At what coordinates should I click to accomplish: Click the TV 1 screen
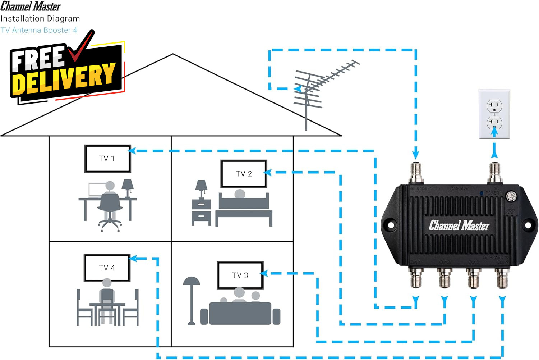click(107, 159)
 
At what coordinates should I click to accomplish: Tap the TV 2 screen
click(244, 174)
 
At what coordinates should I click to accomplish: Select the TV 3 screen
click(240, 275)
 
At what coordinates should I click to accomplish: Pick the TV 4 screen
click(107, 268)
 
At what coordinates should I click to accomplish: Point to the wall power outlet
click(494, 114)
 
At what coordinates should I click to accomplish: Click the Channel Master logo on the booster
click(459, 225)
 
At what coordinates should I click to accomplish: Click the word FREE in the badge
click(38, 59)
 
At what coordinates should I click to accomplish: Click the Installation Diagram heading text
click(40, 19)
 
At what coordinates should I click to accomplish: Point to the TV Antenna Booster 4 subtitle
click(39, 30)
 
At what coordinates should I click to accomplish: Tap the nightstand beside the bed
click(201, 212)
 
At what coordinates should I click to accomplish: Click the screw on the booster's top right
click(511, 196)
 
